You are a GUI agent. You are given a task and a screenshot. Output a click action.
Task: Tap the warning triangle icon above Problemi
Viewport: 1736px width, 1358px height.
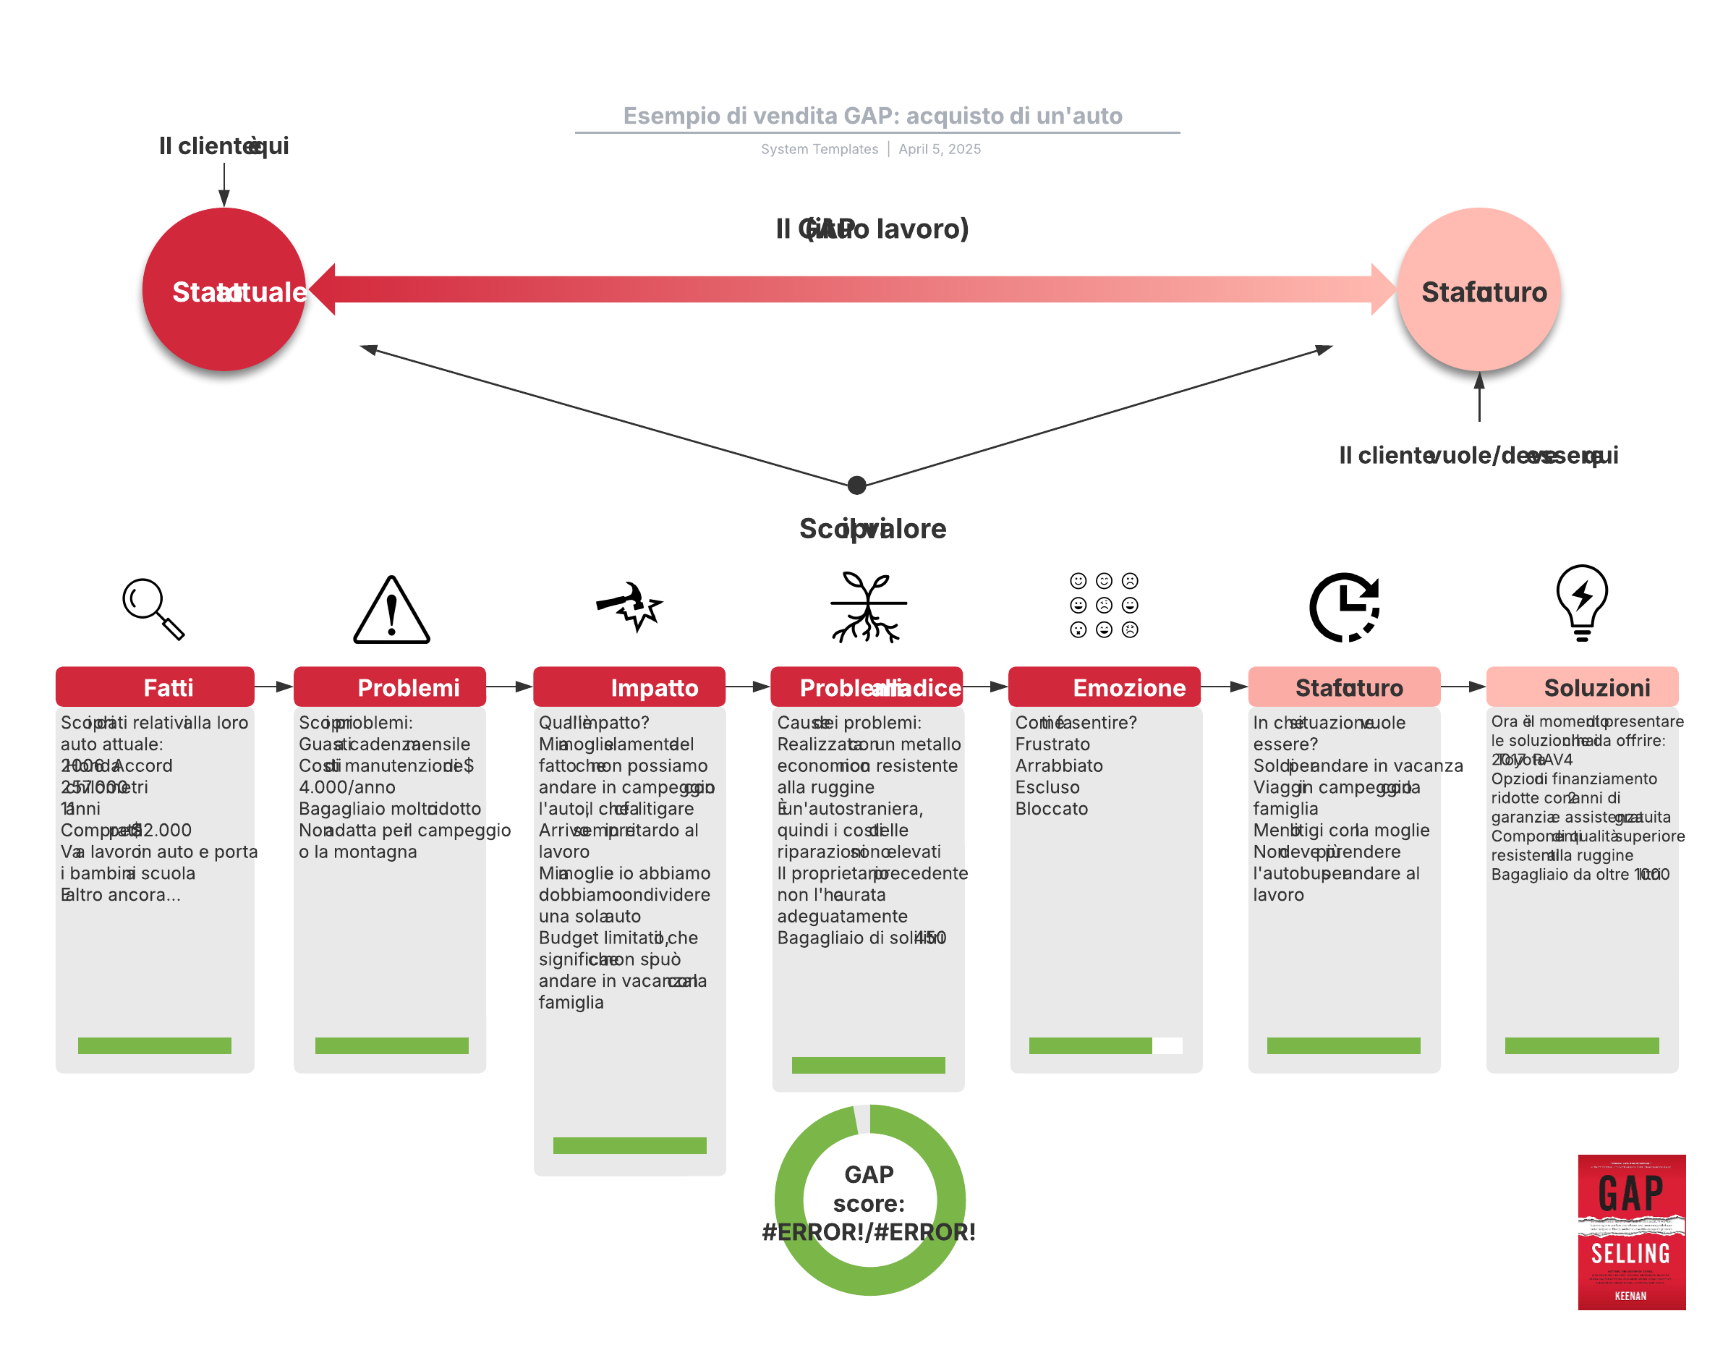pyautogui.click(x=391, y=611)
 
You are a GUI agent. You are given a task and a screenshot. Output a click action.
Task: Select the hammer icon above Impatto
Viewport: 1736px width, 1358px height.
pyautogui.click(x=629, y=606)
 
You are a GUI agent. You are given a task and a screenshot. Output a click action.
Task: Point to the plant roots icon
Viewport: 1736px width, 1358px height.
pyautogui.click(x=867, y=606)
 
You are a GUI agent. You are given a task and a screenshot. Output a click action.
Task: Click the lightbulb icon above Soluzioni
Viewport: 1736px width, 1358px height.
pyautogui.click(x=1581, y=603)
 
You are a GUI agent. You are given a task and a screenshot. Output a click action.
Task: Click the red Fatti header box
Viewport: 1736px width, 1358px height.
pyautogui.click(x=155, y=687)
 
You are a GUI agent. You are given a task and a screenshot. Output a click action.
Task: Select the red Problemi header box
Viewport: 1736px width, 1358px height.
pyautogui.click(x=389, y=687)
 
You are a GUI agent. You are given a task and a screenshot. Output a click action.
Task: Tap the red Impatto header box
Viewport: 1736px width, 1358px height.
pyautogui.click(x=629, y=687)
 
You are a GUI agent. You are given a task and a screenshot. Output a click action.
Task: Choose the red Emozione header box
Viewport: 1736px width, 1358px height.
pyautogui.click(x=1104, y=687)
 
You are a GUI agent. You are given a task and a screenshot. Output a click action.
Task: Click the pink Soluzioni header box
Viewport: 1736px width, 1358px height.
pyautogui.click(x=1582, y=687)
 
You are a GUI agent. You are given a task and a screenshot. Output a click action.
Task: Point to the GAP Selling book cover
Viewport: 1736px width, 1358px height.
pyautogui.click(x=1631, y=1231)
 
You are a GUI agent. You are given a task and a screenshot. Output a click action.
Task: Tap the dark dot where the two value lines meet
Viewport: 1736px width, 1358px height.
pyautogui.click(x=857, y=485)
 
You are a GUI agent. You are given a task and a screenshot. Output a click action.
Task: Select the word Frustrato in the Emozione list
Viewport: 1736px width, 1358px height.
pyautogui.click(x=1052, y=744)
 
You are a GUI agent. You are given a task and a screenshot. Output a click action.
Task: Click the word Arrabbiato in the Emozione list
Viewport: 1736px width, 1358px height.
pyautogui.click(x=1059, y=765)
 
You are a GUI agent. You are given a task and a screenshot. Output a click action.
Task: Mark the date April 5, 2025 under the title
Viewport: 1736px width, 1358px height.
pyautogui.click(x=940, y=150)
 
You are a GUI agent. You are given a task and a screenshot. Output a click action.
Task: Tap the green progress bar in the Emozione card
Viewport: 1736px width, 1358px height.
pyautogui.click(x=1091, y=1045)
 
